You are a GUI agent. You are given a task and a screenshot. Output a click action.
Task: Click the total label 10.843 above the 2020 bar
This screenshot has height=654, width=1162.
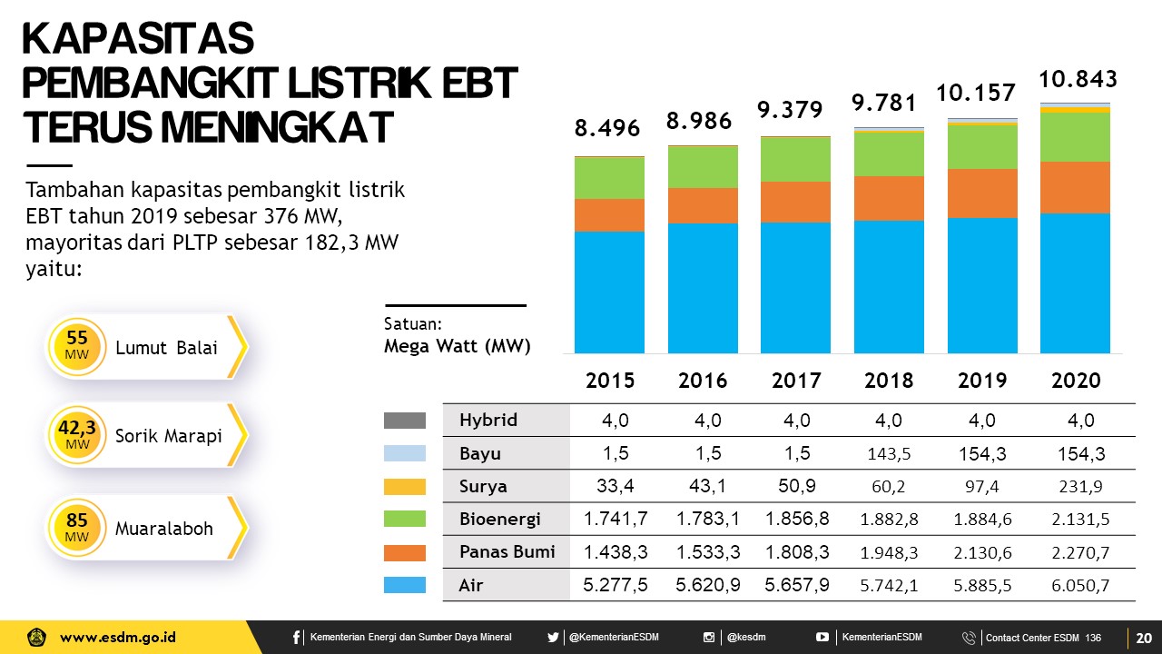pyautogui.click(x=1078, y=78)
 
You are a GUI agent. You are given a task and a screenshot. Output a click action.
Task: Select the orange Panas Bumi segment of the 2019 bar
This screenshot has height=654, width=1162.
pyautogui.click(x=982, y=193)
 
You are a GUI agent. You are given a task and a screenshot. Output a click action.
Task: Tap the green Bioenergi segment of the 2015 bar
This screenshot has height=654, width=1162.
pyautogui.click(x=609, y=178)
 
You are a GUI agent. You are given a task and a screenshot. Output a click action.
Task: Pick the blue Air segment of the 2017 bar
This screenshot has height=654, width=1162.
pyautogui.click(x=795, y=287)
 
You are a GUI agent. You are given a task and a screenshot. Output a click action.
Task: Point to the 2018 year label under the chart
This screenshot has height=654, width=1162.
pyautogui.click(x=889, y=381)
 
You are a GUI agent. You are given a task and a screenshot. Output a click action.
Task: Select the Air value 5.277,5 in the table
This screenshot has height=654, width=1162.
pyautogui.click(x=615, y=585)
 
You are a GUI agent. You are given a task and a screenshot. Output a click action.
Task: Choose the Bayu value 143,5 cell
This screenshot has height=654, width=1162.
pyautogui.click(x=889, y=453)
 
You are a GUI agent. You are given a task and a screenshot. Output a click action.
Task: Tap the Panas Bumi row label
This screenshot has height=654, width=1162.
pyautogui.click(x=507, y=551)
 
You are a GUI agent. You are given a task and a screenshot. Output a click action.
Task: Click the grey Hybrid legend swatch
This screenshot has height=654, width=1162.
pyautogui.click(x=405, y=421)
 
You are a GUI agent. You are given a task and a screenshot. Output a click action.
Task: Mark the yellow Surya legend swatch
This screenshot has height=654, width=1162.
pyautogui.click(x=405, y=487)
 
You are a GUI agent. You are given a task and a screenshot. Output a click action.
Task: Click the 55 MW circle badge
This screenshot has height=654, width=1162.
pyautogui.click(x=77, y=346)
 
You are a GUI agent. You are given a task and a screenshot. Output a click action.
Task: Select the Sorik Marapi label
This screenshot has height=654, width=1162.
pyautogui.click(x=169, y=436)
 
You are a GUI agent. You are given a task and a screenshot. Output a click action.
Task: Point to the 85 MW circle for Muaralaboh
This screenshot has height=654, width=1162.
pyautogui.click(x=77, y=528)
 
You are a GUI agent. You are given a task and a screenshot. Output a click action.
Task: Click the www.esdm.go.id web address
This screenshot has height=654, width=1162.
pyautogui.click(x=118, y=638)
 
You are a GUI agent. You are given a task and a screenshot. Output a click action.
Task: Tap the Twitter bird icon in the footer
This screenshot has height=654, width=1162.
pyautogui.click(x=553, y=638)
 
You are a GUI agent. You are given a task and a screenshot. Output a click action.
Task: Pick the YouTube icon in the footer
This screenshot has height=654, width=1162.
pyautogui.click(x=822, y=638)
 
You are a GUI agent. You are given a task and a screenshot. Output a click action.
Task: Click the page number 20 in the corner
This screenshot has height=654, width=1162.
pyautogui.click(x=1143, y=638)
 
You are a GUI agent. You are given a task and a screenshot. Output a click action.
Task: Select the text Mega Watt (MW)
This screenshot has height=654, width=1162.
pyautogui.click(x=457, y=346)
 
